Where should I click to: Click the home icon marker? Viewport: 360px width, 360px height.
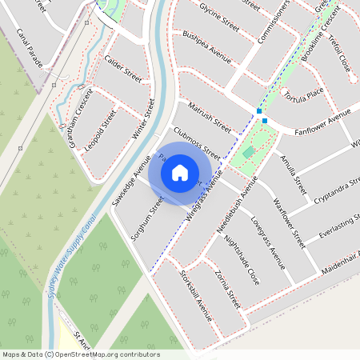point(180,172)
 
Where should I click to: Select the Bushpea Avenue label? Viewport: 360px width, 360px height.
point(206,49)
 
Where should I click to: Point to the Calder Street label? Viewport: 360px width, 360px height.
point(123,69)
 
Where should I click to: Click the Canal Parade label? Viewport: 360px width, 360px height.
point(30,48)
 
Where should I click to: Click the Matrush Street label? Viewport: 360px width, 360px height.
point(208,116)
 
